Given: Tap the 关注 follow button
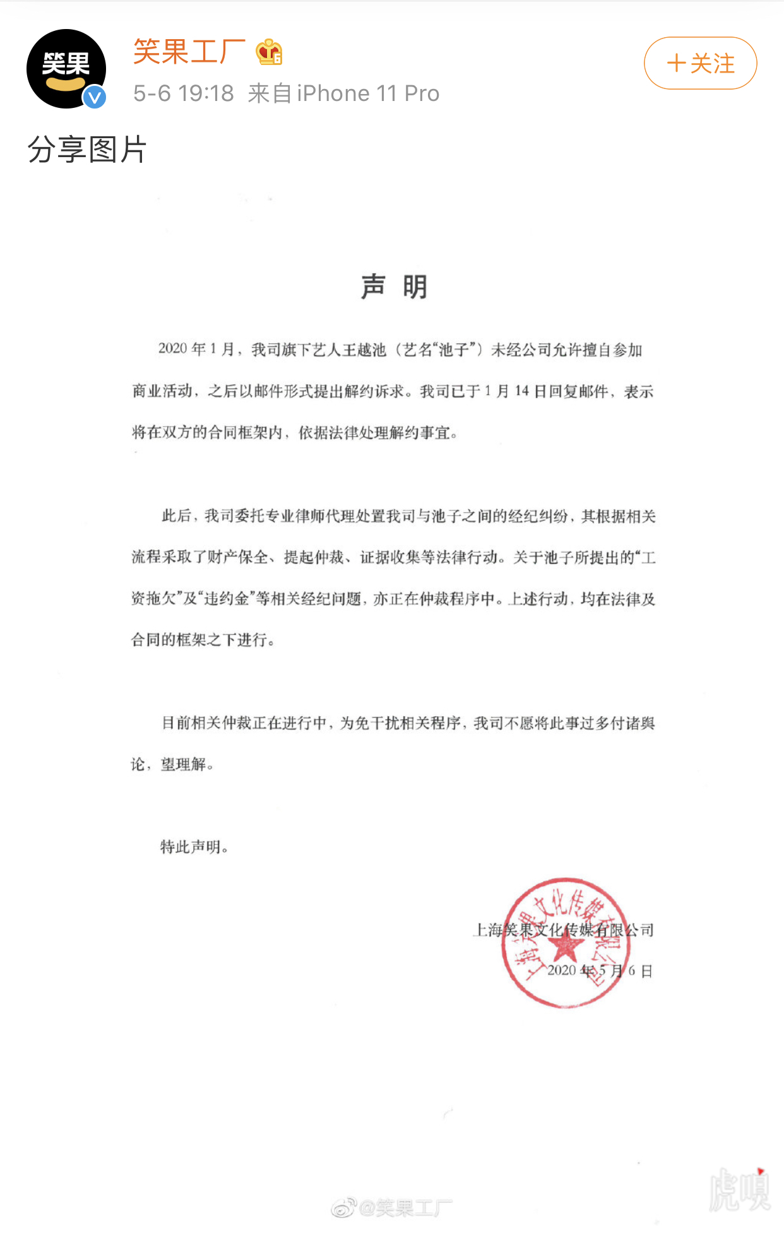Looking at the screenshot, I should tap(700, 63).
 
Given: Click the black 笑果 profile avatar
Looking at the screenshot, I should tap(66, 68).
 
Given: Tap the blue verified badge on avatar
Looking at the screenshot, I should tap(95, 97).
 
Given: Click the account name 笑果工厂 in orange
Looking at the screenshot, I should tap(189, 52).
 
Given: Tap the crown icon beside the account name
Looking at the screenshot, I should tap(269, 52).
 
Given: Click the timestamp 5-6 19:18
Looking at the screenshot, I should tap(183, 93).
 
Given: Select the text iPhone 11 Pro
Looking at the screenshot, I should tap(368, 93).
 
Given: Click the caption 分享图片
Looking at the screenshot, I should tap(87, 150).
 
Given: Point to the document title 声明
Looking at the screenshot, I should tap(394, 287).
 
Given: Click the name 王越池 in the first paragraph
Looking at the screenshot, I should tap(364, 350).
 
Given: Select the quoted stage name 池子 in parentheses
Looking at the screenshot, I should tap(454, 350).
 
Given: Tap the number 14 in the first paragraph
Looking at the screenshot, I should tap(521, 391).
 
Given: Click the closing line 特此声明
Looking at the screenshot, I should tap(194, 847).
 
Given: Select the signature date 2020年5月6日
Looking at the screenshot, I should tap(599, 970).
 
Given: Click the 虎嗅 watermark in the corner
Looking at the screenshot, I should tap(739, 1190).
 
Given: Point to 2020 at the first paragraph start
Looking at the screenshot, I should tap(173, 349).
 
